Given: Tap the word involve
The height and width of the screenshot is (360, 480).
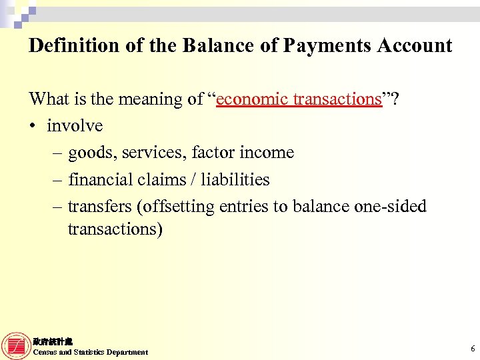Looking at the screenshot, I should click(x=75, y=125).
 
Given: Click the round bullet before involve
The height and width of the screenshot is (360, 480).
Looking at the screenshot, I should click(x=33, y=126).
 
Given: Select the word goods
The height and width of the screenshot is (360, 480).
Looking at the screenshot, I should click(x=90, y=153).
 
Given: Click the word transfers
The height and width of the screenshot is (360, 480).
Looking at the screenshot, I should click(x=99, y=207).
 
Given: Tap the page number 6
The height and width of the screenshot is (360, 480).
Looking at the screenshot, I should click(x=472, y=349).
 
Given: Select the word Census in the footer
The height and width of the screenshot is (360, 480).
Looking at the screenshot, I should click(x=45, y=352).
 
